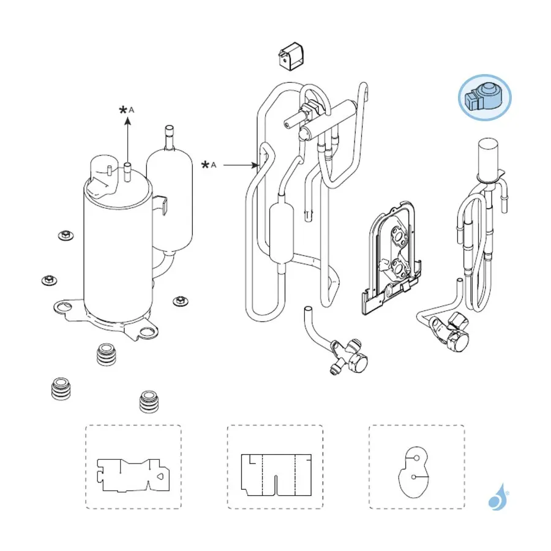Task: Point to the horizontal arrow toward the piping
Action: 241,165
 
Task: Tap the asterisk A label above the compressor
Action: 127,110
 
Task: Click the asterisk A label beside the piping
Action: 209,165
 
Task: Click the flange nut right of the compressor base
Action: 181,301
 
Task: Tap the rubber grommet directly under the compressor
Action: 106,354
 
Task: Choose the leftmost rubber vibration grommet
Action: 61,388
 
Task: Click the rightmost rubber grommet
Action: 149,401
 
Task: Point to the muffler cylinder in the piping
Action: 281,234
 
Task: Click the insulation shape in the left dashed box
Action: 133,474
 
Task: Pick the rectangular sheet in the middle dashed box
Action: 276,475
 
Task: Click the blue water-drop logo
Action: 498,497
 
